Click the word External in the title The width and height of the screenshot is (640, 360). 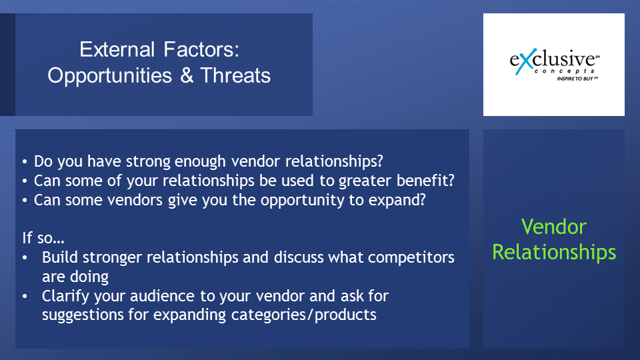click(117, 49)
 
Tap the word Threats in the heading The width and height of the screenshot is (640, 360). click(235, 75)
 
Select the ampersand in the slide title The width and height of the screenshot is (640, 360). click(186, 75)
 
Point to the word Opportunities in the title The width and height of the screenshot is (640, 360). click(110, 76)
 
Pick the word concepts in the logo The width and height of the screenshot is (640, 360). click(565, 71)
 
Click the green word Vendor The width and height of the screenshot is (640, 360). click(554, 227)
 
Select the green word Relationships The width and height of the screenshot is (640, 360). click(554, 252)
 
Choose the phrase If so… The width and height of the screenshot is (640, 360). click(43, 237)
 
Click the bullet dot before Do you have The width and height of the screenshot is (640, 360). click(25, 162)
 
